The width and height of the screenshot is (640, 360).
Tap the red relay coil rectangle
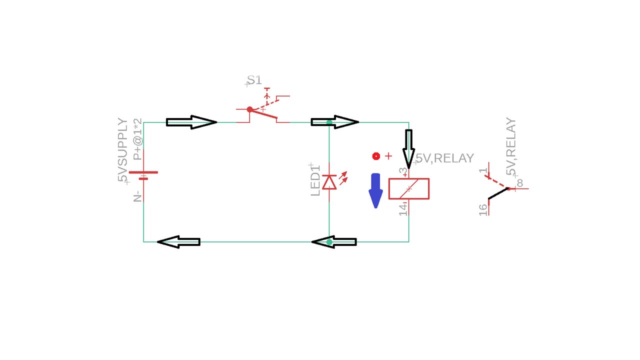click(x=408, y=188)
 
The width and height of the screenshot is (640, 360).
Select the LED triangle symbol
click(x=329, y=182)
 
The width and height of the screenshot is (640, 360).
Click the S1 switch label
click(x=254, y=80)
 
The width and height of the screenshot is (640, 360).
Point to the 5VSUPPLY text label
click(x=122, y=150)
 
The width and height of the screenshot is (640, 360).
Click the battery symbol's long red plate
click(x=143, y=172)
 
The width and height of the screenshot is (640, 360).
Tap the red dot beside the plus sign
click(x=376, y=156)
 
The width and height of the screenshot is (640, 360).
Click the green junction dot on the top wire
click(x=329, y=122)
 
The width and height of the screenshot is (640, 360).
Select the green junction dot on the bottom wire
click(x=329, y=242)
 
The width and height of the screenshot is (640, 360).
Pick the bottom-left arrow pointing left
click(x=179, y=242)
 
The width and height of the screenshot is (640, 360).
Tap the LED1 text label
click(x=315, y=180)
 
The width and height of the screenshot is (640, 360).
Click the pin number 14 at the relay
click(x=403, y=208)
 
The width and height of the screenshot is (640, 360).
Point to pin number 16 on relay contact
click(x=483, y=209)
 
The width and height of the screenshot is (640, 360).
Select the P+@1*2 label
click(x=137, y=139)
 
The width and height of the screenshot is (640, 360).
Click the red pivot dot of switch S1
click(x=249, y=109)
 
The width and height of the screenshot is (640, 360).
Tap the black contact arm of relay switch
click(x=498, y=193)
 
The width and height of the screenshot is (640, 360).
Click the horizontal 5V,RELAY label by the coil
click(x=444, y=158)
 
